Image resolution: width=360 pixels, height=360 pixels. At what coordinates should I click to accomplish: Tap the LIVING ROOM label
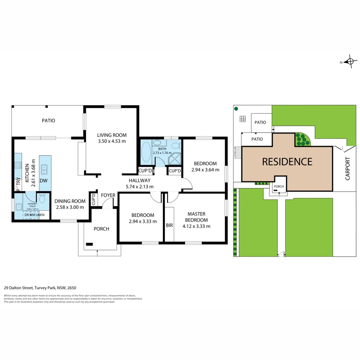point(112,135)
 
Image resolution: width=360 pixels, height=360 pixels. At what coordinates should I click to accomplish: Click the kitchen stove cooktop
point(18,166)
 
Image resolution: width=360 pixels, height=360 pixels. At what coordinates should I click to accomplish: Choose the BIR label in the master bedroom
point(169,226)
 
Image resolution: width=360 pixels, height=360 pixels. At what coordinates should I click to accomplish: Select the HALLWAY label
point(140,181)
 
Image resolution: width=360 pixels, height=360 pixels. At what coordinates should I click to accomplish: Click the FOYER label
point(108,195)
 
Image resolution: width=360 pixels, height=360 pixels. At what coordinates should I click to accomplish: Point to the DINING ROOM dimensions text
point(70,207)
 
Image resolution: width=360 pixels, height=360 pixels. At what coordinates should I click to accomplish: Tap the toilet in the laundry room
point(42,199)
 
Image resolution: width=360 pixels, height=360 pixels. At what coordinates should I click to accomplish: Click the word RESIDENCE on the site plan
point(287,162)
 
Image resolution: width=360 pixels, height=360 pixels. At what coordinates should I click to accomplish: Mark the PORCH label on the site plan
point(278,186)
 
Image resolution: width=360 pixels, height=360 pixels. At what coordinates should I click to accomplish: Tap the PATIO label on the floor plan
point(48,120)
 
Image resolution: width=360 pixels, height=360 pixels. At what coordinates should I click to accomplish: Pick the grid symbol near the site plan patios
point(243,119)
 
